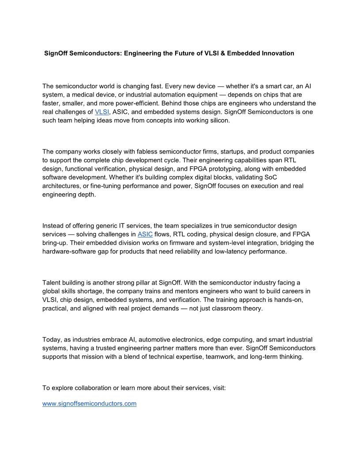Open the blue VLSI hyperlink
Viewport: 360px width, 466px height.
pyautogui.click(x=102, y=112)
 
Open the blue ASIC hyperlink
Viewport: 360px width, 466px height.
pyautogui.click(x=145, y=234)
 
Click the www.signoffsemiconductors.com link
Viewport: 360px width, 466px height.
pyautogui.click(x=89, y=404)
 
